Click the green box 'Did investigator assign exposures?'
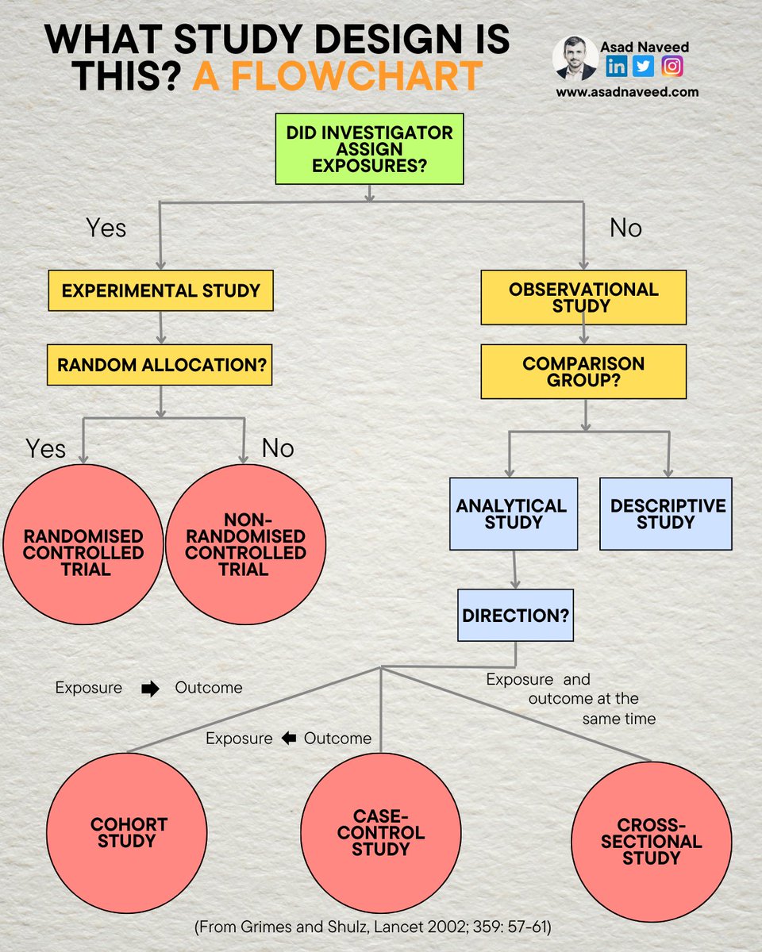[x=369, y=149]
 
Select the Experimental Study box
[x=161, y=290]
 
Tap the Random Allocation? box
[x=161, y=366]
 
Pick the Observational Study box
[x=583, y=297]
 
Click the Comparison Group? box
[x=583, y=372]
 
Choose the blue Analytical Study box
[x=513, y=514]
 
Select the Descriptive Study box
[x=665, y=514]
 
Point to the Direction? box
[x=515, y=615]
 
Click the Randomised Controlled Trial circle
[x=83, y=544]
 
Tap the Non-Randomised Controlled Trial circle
[x=244, y=544]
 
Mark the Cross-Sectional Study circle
[x=651, y=842]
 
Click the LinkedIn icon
[x=617, y=66]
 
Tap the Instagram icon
[x=672, y=66]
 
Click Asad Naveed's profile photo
[x=575, y=58]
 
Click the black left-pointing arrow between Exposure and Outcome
[x=289, y=739]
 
